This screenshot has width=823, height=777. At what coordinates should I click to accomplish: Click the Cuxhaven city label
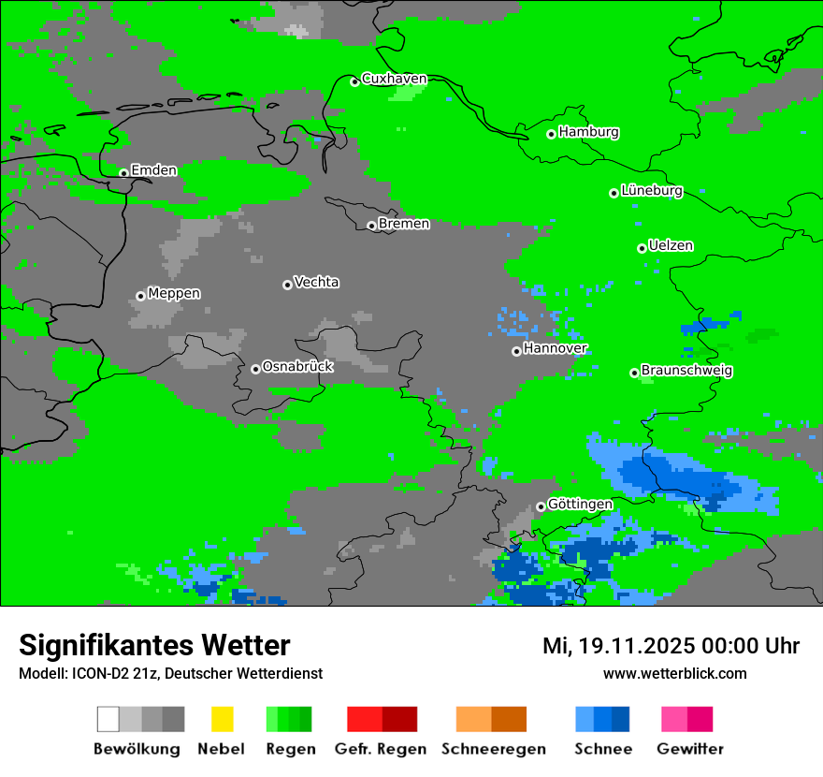point(394,79)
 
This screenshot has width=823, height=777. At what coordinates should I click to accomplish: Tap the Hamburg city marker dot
point(551,134)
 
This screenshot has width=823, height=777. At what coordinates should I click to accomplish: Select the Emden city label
point(153,170)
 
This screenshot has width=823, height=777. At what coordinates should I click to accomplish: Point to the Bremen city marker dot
point(371,226)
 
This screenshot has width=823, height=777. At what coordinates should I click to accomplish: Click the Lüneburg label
point(651,191)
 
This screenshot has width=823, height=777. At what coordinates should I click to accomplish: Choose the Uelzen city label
point(671,246)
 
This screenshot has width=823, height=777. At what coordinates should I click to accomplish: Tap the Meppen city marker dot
point(140,296)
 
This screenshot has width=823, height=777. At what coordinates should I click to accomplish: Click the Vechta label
point(316,283)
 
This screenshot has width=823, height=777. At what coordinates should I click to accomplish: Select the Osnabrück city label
point(297,367)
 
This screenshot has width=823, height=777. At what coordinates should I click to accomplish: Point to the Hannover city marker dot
point(516,351)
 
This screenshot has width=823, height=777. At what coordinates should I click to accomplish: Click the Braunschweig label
point(686,371)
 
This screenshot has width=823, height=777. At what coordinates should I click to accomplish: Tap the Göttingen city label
point(580,505)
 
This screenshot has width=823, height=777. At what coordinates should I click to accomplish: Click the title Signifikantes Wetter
point(154,646)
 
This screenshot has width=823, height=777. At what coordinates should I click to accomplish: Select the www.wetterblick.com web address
point(674,674)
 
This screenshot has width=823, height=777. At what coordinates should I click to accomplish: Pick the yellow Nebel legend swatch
point(222,719)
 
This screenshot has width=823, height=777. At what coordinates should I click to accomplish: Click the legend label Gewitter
point(689,749)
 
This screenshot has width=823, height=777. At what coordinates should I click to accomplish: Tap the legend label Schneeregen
point(494,749)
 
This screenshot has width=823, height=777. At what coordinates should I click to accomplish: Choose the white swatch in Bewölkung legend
point(108,719)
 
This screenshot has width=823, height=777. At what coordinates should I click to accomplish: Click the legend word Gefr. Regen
point(381,749)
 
